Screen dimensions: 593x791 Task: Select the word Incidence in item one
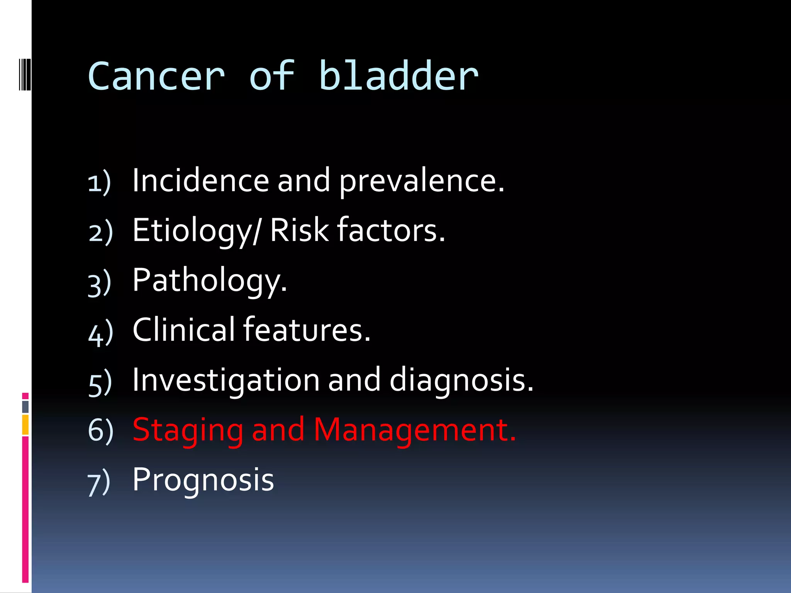[x=200, y=180]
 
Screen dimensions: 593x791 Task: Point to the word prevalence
[x=421, y=181]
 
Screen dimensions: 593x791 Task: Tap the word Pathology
[x=210, y=281]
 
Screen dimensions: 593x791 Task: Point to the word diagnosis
[x=461, y=381]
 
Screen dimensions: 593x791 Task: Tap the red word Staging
[x=188, y=430]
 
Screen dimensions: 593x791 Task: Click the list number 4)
[x=100, y=333]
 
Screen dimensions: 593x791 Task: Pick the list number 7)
[x=99, y=482]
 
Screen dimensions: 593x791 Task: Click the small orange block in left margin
[x=25, y=425]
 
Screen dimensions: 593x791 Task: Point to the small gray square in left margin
[x=25, y=407]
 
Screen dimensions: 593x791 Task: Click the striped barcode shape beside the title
[x=25, y=74]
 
